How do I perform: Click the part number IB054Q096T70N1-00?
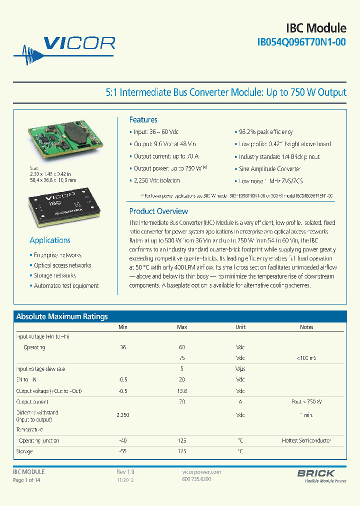click(x=301, y=43)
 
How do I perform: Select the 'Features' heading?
click(x=143, y=119)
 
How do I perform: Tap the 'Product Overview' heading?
click(x=158, y=211)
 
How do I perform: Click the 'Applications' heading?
click(x=50, y=240)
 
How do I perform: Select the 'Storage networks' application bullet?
click(x=54, y=275)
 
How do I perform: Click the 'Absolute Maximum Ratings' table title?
click(x=62, y=316)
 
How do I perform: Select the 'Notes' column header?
click(x=306, y=327)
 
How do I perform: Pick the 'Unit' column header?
click(x=240, y=327)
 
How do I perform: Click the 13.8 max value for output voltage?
click(x=182, y=391)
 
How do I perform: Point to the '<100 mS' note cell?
click(x=306, y=358)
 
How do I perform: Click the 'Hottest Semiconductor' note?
click(x=306, y=440)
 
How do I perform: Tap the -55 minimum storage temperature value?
click(x=123, y=451)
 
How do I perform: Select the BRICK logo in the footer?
click(x=316, y=473)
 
